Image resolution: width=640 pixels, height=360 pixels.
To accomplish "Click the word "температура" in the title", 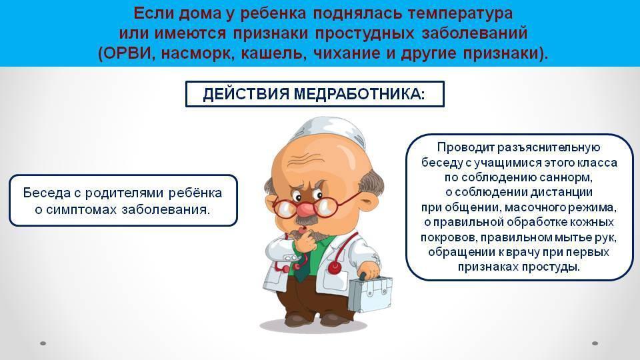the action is click(x=460, y=13).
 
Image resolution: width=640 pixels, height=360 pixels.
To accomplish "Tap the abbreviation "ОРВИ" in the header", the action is click(x=128, y=53).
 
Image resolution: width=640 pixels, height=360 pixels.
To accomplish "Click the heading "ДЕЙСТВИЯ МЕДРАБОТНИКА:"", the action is click(x=314, y=94).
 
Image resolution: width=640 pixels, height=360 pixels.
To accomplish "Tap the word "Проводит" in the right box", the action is click(x=465, y=147).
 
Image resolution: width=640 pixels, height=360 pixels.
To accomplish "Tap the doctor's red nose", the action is click(x=306, y=209).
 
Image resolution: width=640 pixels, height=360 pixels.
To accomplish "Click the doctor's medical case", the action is click(x=369, y=293).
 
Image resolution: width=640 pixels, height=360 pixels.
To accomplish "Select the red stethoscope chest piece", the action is click(x=335, y=267).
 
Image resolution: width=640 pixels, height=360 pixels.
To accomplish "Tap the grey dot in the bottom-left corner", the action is click(x=43, y=343).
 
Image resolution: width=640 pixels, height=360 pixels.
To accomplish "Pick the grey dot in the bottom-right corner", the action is click(x=595, y=343).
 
